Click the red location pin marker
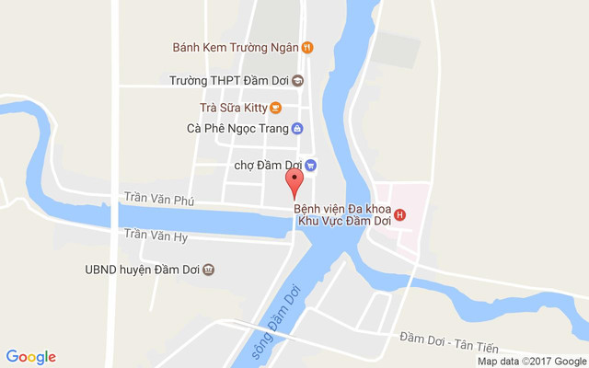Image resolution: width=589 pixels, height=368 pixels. coord(294,182)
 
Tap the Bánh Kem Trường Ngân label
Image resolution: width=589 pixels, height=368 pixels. coord(237,47)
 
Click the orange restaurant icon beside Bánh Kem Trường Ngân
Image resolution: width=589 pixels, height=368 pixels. coord(307,47)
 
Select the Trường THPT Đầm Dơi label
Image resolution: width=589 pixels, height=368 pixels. coord(229,80)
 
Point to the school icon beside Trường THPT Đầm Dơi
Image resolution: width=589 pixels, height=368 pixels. coord(297,80)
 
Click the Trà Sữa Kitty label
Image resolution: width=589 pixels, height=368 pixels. coord(226,108)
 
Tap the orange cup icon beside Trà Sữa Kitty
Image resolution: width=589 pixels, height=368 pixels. coord(276,108)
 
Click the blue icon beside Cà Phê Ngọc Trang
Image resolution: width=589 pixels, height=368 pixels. coord(297,129)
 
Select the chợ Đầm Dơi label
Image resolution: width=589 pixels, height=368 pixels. coord(268,166)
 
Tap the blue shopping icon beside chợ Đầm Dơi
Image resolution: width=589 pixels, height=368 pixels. coord(310,166)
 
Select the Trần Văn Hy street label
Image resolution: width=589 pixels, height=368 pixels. coord(156,236)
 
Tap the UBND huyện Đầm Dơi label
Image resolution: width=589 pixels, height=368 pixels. coord(140,270)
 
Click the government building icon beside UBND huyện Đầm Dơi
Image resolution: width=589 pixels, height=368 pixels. coord(209,270)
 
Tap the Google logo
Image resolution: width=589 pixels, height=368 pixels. coord(30,357)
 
